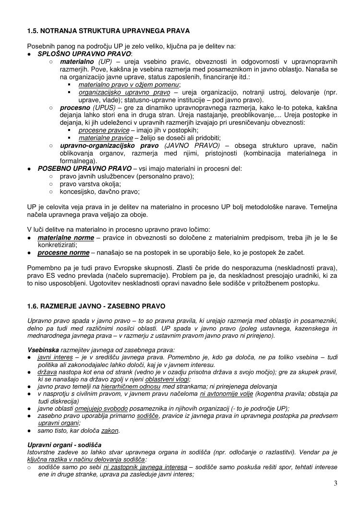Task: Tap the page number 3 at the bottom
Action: pos(336,483)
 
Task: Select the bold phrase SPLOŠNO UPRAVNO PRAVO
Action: pos(84,54)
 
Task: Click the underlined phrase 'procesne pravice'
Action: pos(104,130)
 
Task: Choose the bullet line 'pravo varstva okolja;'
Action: pos(90,184)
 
